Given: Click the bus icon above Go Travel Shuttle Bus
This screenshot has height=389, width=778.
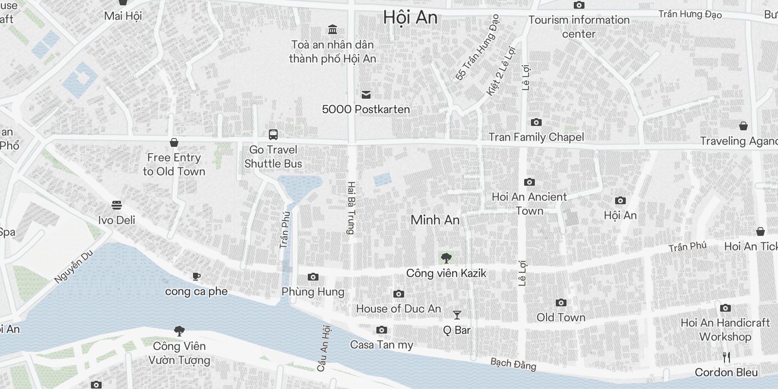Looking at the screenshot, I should [273, 135].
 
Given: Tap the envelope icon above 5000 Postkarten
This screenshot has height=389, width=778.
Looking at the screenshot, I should [366, 95].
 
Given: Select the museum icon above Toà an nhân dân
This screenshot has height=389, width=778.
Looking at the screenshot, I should [333, 30].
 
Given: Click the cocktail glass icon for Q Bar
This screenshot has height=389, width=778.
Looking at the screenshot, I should [457, 315].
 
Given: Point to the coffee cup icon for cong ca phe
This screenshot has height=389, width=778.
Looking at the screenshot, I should [196, 277].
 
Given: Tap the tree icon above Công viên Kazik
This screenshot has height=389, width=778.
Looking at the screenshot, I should [446, 258].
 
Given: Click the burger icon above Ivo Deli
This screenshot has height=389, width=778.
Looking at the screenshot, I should [117, 205].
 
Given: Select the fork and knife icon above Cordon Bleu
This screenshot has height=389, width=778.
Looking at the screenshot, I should [726, 357].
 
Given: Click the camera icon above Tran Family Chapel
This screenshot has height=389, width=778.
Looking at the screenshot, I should [536, 122].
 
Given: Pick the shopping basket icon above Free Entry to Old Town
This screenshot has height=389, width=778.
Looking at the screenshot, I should [174, 142].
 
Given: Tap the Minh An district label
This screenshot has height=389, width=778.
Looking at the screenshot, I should [435, 220].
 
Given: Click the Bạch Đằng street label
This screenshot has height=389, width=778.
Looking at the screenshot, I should [513, 364].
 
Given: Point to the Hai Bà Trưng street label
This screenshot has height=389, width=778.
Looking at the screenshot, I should [351, 208].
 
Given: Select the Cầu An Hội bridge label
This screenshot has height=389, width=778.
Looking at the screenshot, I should [323, 349].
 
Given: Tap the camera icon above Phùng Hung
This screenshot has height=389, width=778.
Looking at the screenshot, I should [313, 277].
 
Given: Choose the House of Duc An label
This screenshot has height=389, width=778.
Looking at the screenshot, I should [398, 309].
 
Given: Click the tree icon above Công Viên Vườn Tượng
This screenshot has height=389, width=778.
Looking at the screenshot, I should [179, 331].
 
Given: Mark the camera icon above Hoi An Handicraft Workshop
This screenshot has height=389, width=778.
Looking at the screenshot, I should [725, 308].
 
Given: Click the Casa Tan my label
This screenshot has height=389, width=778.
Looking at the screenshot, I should [381, 345].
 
